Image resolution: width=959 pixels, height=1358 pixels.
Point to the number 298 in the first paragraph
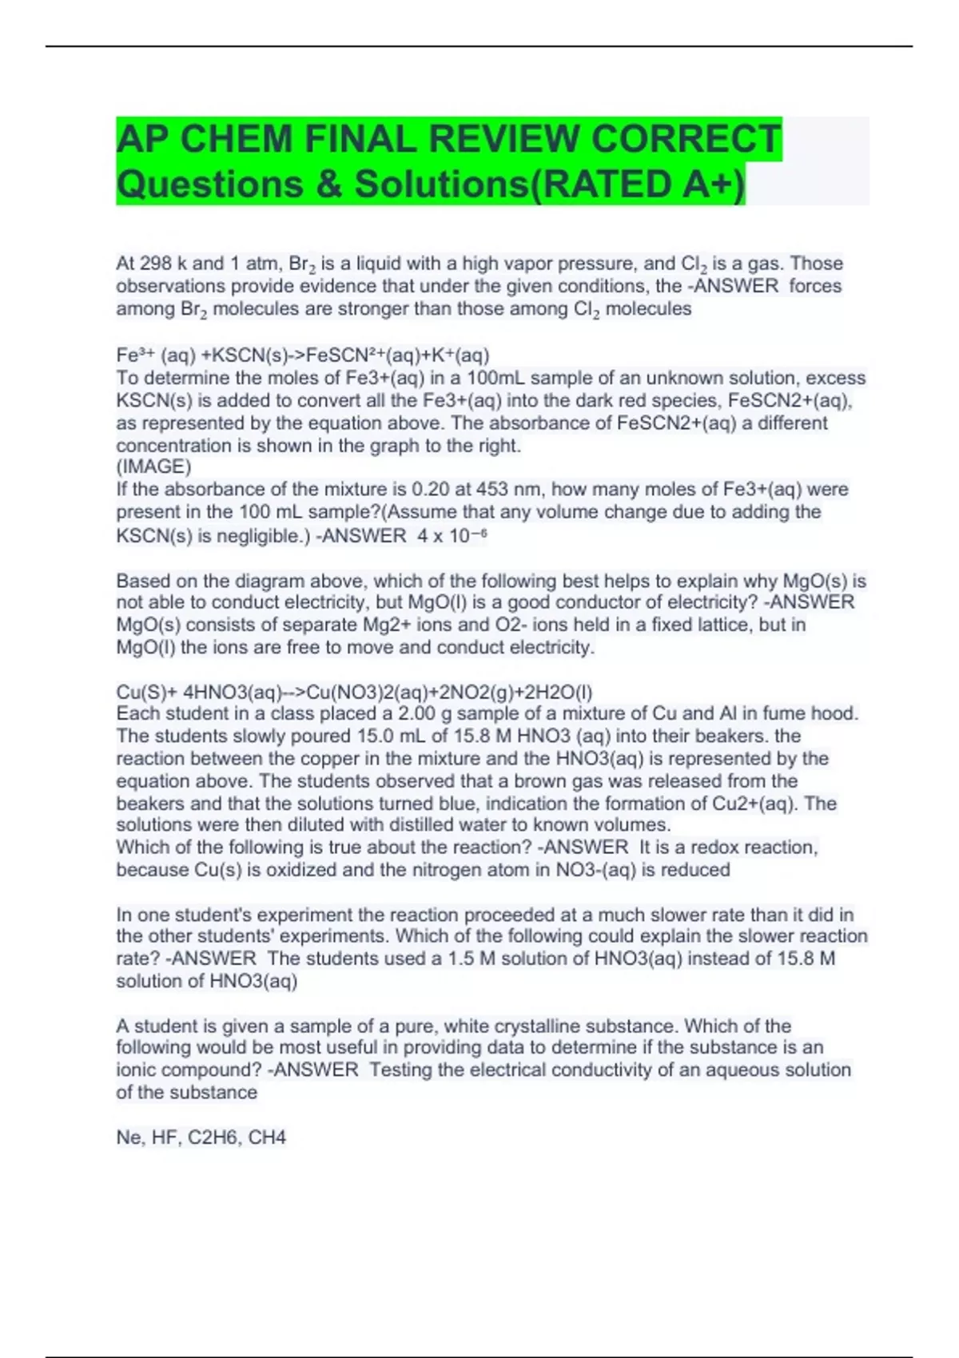[155, 264]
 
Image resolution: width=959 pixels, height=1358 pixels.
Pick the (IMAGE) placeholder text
[153, 467]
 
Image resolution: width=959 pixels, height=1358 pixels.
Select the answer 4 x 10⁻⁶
[452, 535]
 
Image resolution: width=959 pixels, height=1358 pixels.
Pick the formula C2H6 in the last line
[213, 1137]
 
